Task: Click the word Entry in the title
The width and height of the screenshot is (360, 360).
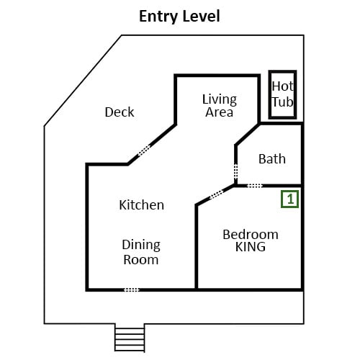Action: [158, 17]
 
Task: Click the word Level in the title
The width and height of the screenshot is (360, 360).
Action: [200, 16]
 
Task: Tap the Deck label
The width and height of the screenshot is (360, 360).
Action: [120, 112]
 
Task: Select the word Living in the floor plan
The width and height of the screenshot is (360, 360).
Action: [220, 99]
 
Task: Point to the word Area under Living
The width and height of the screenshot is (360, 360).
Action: [219, 112]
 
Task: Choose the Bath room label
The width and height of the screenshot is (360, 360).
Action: [272, 159]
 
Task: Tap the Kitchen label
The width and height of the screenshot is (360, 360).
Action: [142, 205]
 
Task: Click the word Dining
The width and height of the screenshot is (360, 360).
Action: [141, 246]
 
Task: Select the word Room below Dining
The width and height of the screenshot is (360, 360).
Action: [141, 260]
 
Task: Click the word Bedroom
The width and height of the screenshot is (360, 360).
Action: [251, 235]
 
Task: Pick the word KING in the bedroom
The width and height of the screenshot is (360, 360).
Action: [251, 247]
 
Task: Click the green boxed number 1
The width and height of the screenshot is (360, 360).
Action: [290, 199]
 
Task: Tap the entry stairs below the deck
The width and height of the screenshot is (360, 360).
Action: [130, 338]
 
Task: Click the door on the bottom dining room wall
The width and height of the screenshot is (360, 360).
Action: [132, 290]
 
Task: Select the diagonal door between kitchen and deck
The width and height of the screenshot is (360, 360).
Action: [144, 150]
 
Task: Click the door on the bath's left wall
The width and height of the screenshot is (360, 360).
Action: [236, 171]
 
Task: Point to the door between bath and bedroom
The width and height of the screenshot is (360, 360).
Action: [255, 186]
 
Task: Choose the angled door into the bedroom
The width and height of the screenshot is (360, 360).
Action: [217, 194]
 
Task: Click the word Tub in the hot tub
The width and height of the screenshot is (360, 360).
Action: [283, 102]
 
